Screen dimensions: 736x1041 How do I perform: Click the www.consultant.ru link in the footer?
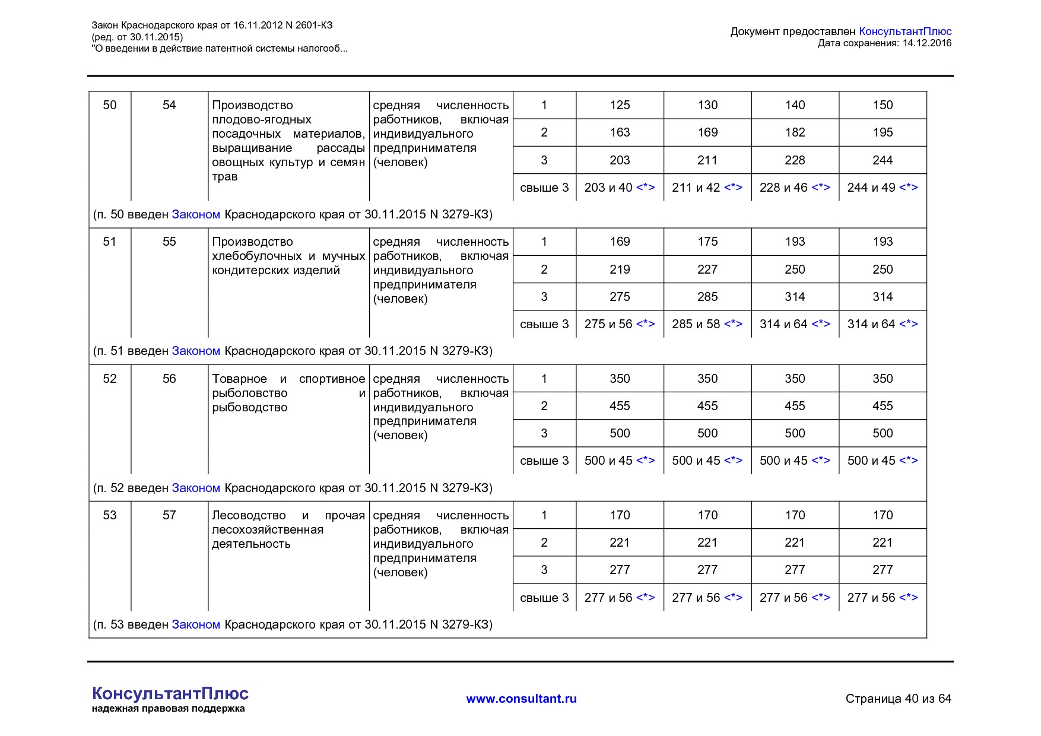pos(521,699)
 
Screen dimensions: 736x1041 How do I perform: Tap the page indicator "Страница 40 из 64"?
pos(898,699)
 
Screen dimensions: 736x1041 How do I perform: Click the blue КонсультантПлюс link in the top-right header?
pos(905,31)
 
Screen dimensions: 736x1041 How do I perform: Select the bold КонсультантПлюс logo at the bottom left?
pos(170,693)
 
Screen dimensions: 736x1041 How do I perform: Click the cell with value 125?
pos(620,105)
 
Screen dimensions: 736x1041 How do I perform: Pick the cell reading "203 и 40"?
pos(608,188)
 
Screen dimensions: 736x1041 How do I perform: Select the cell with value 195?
pos(883,132)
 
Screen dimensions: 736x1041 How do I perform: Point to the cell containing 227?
pos(707,269)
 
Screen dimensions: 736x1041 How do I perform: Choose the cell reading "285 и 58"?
pos(696,324)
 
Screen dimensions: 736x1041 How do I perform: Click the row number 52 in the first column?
pos(110,379)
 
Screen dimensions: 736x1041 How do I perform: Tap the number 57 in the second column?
pos(169,515)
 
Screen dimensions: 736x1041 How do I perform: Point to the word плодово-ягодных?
pos(262,119)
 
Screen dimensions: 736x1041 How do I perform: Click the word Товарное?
pos(239,379)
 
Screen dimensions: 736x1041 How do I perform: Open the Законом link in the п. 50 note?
pos(196,214)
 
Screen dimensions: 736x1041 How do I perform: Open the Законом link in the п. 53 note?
pos(196,624)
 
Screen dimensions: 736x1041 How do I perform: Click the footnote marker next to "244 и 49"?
pos(909,188)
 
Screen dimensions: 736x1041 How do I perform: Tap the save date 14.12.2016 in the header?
pos(927,43)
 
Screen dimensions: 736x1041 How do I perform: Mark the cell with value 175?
pos(707,242)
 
